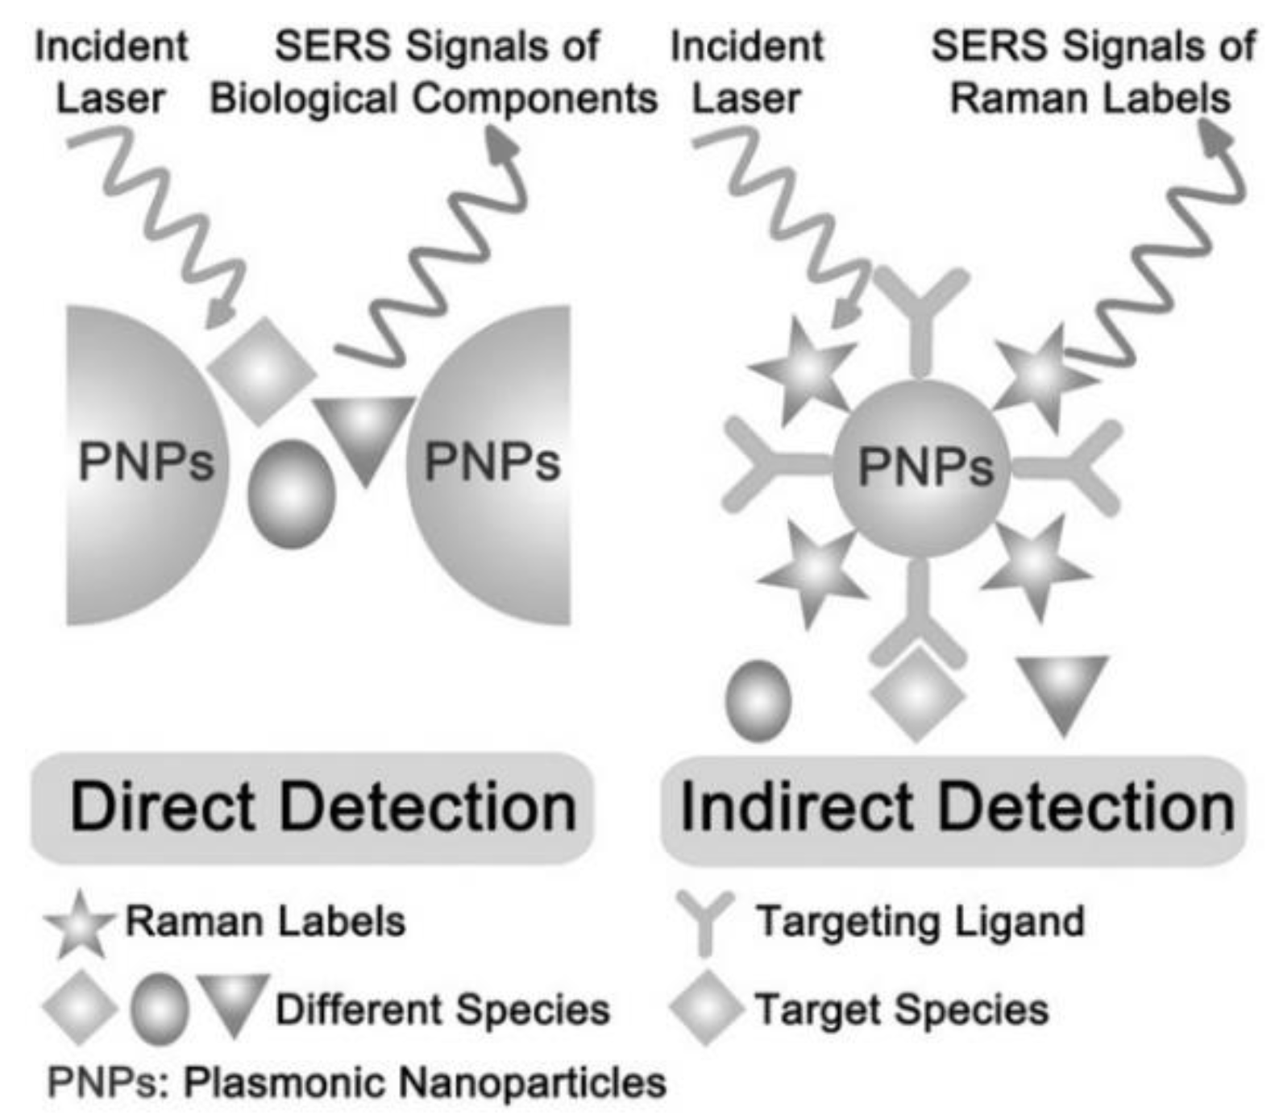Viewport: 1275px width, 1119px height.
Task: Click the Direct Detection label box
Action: (x=312, y=807)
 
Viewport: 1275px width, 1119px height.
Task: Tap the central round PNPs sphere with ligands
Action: (x=921, y=467)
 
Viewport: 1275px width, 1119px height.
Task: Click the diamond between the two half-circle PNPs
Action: (x=261, y=371)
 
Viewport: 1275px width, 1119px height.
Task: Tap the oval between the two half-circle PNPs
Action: (x=291, y=494)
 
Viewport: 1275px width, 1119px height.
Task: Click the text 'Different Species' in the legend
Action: (x=442, y=1009)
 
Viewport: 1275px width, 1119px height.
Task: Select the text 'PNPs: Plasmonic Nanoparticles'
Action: (x=356, y=1082)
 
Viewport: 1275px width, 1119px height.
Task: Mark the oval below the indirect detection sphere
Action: (x=758, y=700)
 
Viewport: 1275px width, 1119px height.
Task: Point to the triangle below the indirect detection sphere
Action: (x=1062, y=690)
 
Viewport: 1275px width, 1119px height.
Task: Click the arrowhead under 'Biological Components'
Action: (x=504, y=147)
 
